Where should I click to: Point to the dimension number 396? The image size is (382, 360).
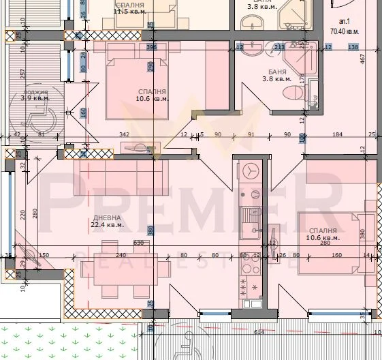151,47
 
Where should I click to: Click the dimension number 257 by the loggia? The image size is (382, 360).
22,73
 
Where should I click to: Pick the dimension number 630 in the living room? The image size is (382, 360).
138,242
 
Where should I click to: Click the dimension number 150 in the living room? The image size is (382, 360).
44,255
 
